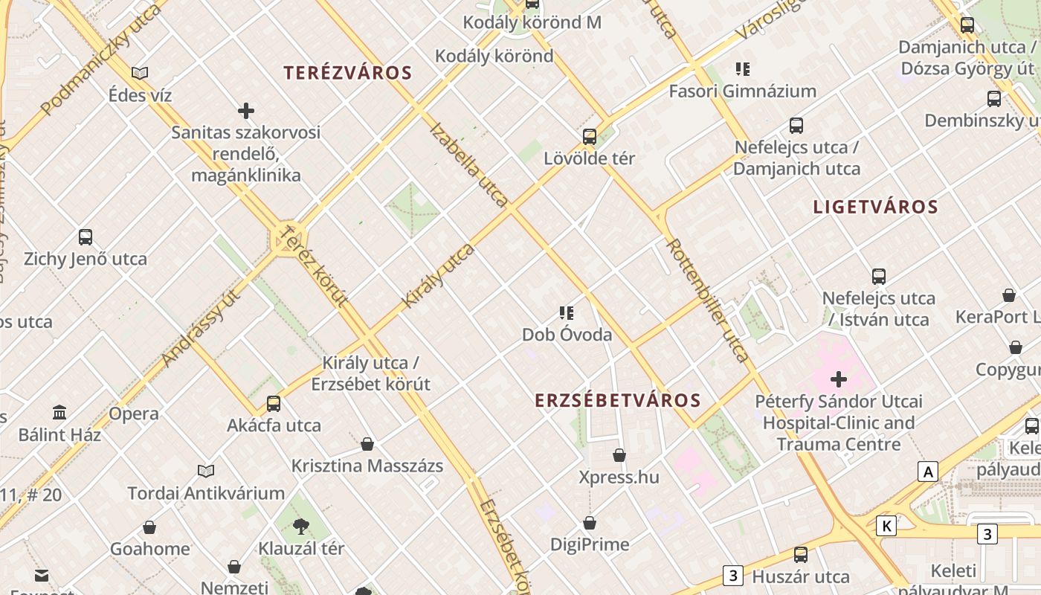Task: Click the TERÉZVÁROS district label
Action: click(347, 73)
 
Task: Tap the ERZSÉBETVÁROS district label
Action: click(618, 400)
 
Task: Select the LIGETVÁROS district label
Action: click(875, 207)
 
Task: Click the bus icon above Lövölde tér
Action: click(590, 137)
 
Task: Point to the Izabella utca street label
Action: click(469, 164)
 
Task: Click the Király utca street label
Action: click(438, 276)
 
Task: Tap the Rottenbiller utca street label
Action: click(707, 300)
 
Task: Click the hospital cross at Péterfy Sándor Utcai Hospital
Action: click(839, 379)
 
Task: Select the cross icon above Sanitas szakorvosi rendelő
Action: click(246, 112)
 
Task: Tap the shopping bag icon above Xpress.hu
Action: click(619, 455)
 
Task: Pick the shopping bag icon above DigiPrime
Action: click(590, 524)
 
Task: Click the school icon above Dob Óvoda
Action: click(567, 313)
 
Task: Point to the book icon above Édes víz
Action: click(140, 73)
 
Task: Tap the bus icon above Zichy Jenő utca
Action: click(86, 238)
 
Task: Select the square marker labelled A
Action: click(927, 472)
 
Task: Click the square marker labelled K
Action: click(886, 527)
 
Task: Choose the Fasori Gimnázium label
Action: click(742, 91)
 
